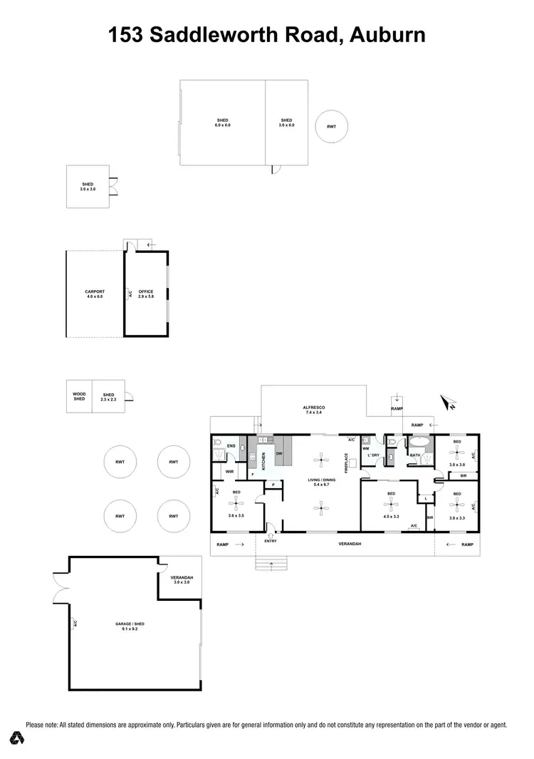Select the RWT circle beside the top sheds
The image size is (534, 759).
click(332, 126)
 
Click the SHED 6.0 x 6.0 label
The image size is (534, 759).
click(223, 123)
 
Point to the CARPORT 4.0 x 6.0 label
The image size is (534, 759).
click(95, 294)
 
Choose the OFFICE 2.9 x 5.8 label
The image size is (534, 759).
click(146, 294)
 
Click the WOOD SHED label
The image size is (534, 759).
click(79, 396)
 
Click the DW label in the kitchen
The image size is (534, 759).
click(279, 453)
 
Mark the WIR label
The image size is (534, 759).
click(229, 471)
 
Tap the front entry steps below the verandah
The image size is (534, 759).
click(271, 565)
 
